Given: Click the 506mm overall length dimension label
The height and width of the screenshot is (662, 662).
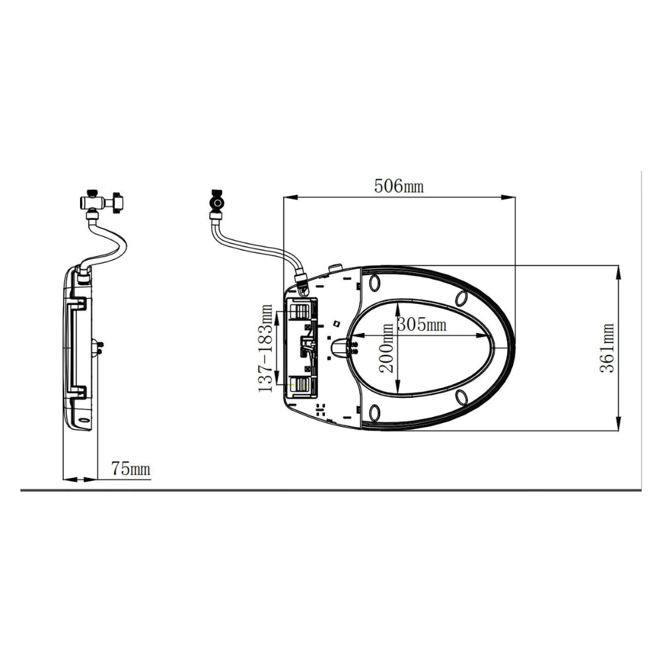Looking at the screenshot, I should pos(399,186).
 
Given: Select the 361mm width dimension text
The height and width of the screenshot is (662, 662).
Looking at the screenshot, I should pos(607,348).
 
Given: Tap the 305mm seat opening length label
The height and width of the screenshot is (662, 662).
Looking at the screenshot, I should pos(422,324).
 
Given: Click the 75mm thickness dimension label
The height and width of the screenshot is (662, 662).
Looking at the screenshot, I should pos(130,469).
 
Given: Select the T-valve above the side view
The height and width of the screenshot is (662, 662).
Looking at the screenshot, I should pos(101,201).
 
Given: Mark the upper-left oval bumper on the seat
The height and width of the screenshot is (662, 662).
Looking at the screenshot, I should pos(375,283).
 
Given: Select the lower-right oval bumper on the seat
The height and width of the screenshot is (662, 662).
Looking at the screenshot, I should pos(461,397).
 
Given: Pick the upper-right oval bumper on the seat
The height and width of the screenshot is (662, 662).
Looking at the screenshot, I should pos(461,298).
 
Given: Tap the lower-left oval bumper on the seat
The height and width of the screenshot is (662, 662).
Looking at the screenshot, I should pos(375,412).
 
